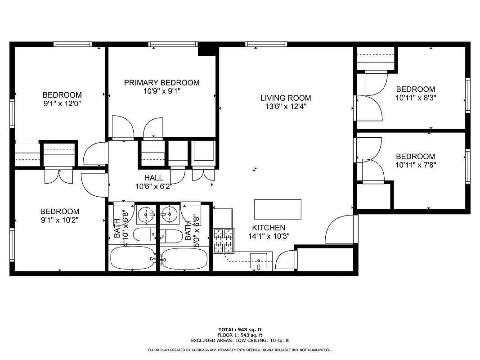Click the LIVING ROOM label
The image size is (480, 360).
click(286, 98)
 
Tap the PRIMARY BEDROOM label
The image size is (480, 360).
click(161, 82)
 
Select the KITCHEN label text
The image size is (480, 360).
click(268, 228)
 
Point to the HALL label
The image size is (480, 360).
click(153, 178)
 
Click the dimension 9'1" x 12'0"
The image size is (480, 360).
click(62, 103)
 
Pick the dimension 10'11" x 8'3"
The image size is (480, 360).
click(416, 97)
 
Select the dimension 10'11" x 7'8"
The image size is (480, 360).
click(416, 165)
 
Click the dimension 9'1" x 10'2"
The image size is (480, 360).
click(60, 220)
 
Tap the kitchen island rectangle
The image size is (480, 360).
click(278, 209)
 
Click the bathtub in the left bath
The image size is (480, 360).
click(133, 258)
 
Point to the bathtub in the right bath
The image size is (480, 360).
click(184, 258)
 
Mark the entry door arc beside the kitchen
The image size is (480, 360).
click(338, 229)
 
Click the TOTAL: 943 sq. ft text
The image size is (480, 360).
click(240, 330)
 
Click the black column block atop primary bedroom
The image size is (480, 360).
click(207, 49)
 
